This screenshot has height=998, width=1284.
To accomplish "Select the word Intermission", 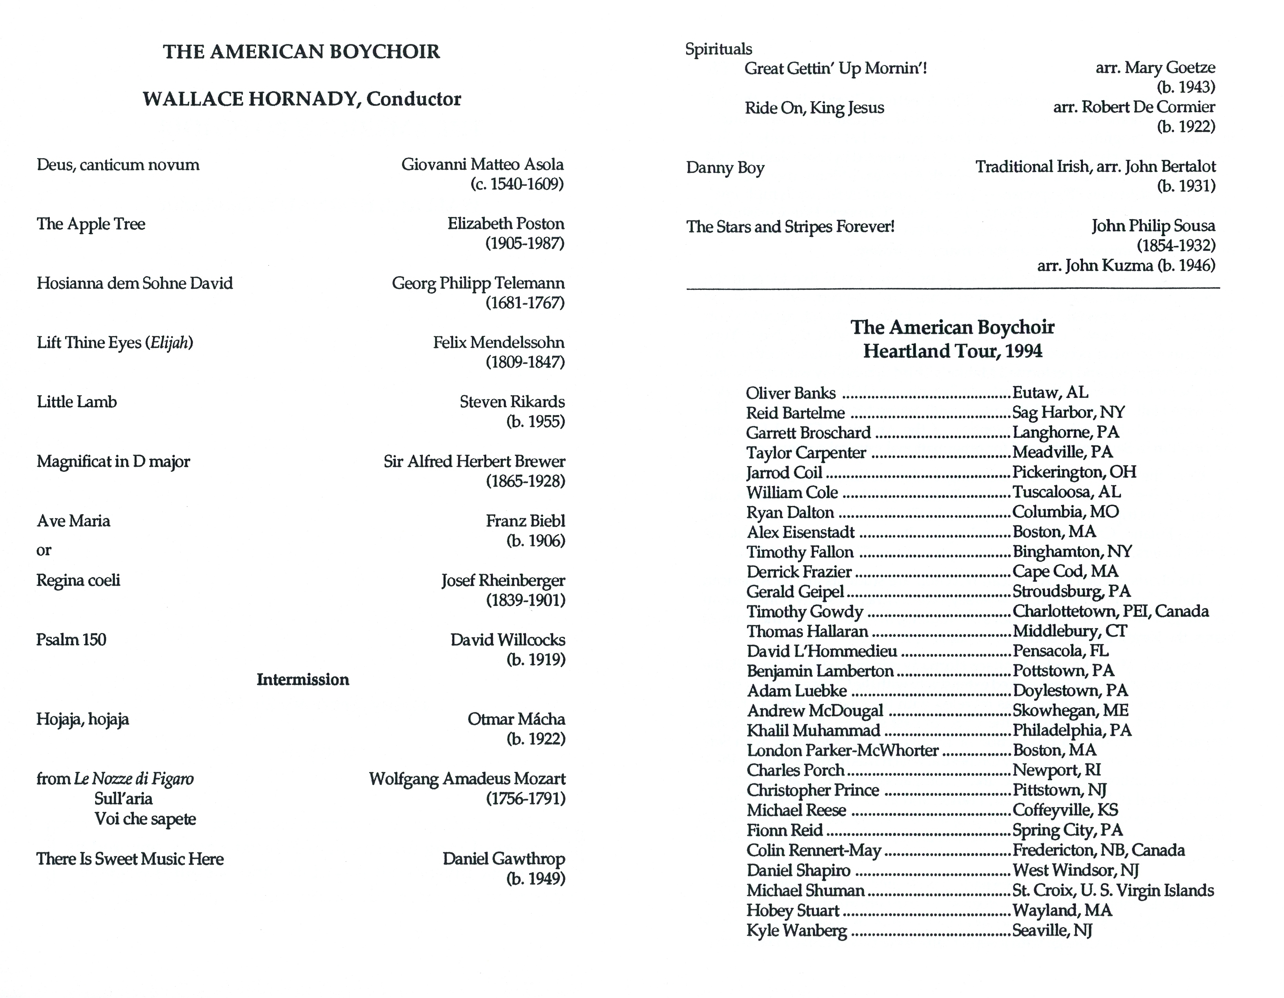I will tap(303, 679).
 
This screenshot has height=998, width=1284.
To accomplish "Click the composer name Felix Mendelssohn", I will tap(499, 342).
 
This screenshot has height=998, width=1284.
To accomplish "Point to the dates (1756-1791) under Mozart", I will tap(526, 798).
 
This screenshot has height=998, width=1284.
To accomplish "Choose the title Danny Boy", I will tap(725, 168).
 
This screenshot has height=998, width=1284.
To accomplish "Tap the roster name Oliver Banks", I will tap(791, 393).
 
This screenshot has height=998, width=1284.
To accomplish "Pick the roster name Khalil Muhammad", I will tap(814, 730).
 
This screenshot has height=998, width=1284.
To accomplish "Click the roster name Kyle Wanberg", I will tap(797, 931).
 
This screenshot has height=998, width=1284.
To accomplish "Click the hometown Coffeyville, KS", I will tap(1065, 810).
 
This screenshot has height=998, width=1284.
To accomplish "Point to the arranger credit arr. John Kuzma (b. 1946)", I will tap(1126, 266).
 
